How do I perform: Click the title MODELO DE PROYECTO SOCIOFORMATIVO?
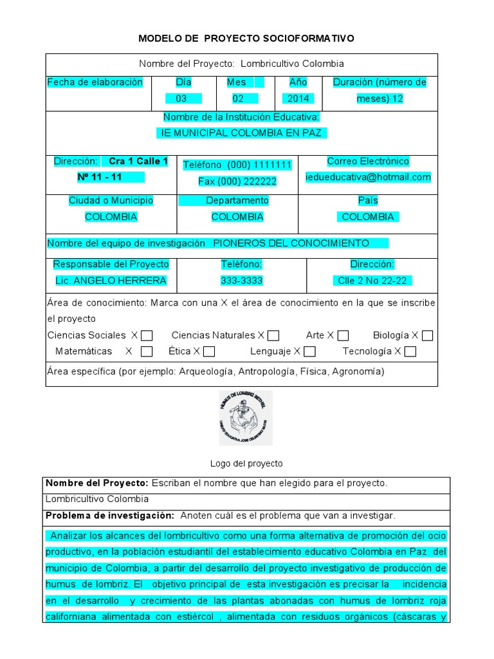246,39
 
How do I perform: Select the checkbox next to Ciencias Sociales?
147,335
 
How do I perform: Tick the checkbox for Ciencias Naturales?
273,335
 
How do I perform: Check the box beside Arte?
343,335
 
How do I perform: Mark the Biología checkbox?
427,335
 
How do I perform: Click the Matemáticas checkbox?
147,351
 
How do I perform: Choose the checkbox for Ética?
208,351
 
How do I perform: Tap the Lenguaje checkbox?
309,351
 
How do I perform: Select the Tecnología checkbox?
410,351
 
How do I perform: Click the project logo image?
246,418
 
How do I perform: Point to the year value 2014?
298,98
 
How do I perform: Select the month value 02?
238,98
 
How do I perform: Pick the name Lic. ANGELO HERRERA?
111,281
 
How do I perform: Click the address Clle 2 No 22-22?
372,281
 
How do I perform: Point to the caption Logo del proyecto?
246,463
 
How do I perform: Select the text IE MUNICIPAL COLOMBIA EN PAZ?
241,133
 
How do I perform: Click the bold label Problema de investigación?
110,515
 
